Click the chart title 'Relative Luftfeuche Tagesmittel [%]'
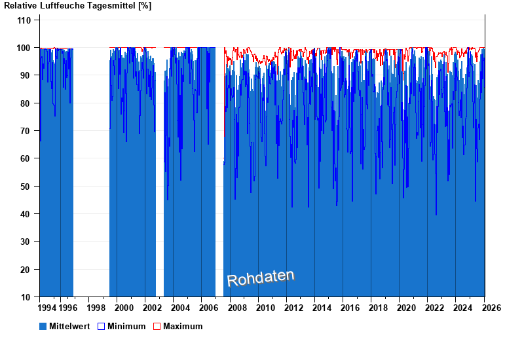78,6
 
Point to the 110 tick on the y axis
24,20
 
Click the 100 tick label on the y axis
24,48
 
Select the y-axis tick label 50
26,187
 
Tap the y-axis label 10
26,297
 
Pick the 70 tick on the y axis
26,131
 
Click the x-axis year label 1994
48,308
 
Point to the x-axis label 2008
236,308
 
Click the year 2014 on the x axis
322,308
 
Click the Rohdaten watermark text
261,278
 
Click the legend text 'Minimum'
126,326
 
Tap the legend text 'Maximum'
183,326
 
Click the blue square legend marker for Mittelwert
43,326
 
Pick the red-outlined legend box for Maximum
157,326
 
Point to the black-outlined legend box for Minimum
101,326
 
